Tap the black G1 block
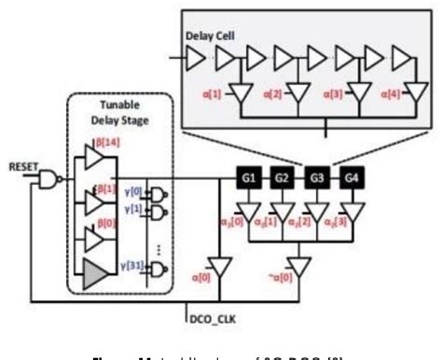click(246, 174)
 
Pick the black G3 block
click(316, 174)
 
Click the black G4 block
click(351, 174)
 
